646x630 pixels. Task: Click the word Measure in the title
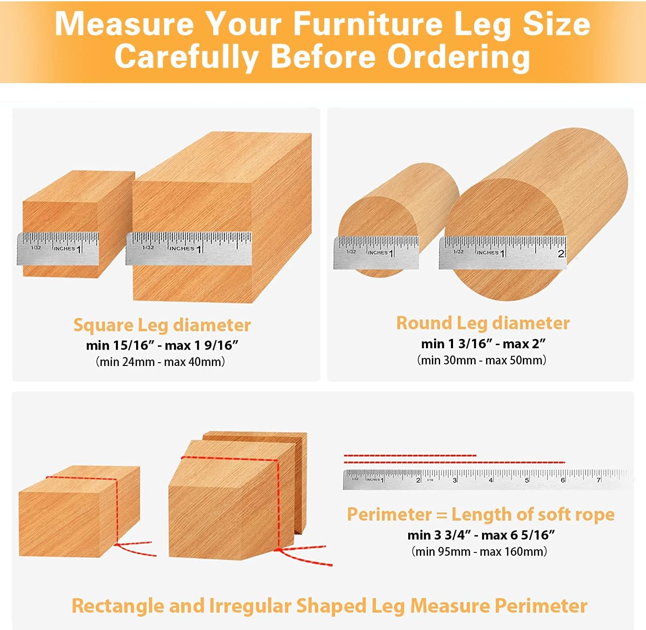[124, 24]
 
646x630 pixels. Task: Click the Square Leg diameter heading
[162, 325]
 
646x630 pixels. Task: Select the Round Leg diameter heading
[483, 323]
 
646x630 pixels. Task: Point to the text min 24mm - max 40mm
[160, 362]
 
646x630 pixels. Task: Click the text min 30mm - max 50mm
[481, 360]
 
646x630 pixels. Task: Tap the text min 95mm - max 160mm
[479, 551]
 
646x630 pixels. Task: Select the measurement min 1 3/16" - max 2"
[483, 344]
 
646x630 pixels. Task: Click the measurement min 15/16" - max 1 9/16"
[162, 345]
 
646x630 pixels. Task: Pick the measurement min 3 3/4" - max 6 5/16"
[481, 535]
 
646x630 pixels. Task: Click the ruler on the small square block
[58, 248]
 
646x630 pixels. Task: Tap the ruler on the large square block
[189, 248]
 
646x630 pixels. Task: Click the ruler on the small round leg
[376, 252]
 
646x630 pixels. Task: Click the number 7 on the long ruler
[598, 480]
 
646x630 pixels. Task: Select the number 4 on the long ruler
[491, 480]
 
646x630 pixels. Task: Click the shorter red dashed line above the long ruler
[410, 455]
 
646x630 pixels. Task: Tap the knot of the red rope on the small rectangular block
[117, 545]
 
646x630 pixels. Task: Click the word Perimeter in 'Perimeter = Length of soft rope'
[389, 515]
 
